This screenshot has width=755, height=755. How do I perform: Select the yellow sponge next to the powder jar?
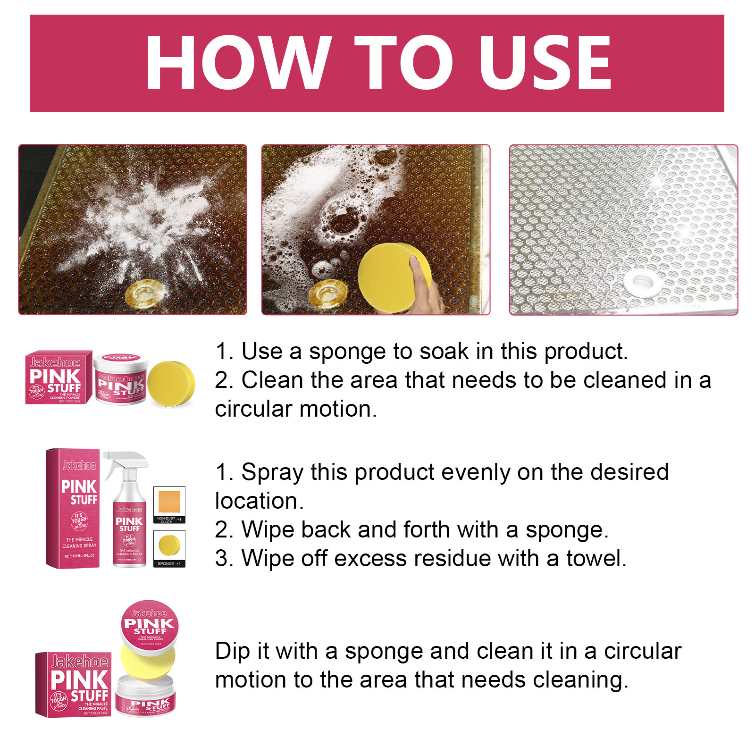[171, 384]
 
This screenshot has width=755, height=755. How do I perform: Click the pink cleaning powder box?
[59, 377]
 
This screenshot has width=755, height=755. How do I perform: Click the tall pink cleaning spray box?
[73, 509]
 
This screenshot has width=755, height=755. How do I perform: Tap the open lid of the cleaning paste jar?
[150, 625]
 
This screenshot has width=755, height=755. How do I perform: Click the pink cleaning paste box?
[73, 684]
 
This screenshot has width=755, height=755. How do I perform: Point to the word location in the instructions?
[258, 501]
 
